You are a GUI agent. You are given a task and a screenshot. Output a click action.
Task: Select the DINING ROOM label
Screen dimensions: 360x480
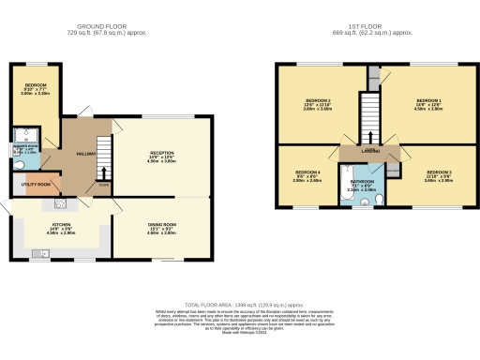point(162,225)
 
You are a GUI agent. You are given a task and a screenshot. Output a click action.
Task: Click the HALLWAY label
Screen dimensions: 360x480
point(84,154)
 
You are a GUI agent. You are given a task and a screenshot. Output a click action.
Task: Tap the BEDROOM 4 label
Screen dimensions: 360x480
point(307,172)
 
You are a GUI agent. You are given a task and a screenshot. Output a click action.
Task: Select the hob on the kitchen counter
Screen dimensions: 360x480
point(59,203)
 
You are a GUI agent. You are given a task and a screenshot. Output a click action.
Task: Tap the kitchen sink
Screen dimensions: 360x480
point(42,253)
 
